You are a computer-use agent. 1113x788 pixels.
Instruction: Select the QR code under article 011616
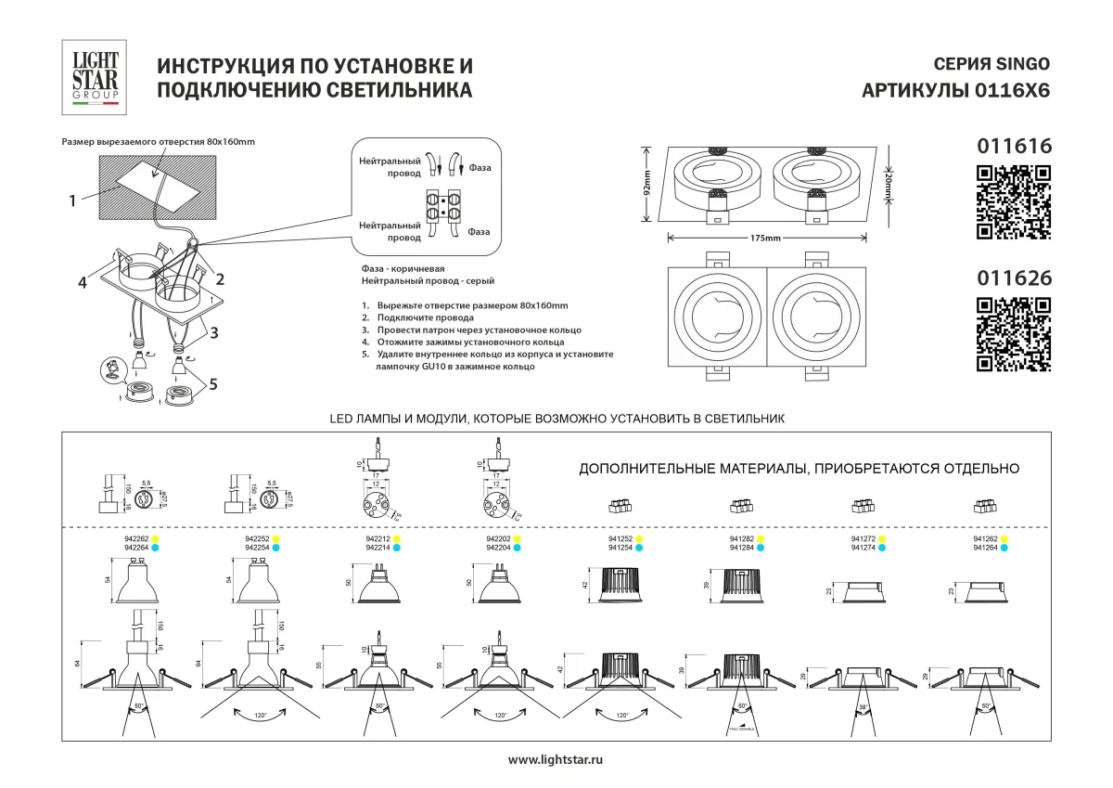click(1015, 201)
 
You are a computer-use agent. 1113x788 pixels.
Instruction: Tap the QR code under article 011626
click(1015, 334)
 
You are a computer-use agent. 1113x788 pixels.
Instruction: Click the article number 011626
click(1015, 277)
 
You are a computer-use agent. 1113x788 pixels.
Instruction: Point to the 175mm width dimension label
click(766, 239)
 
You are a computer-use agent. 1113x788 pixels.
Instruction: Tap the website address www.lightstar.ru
click(556, 760)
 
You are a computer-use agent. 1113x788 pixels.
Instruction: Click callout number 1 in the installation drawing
click(71, 198)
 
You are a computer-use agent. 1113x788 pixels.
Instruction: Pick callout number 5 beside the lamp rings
click(213, 383)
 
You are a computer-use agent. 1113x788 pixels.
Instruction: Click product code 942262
click(136, 538)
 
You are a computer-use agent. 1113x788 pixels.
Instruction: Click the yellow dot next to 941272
click(882, 538)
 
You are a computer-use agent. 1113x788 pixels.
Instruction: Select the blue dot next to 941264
click(1004, 549)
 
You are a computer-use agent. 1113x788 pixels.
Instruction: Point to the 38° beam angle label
click(864, 707)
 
